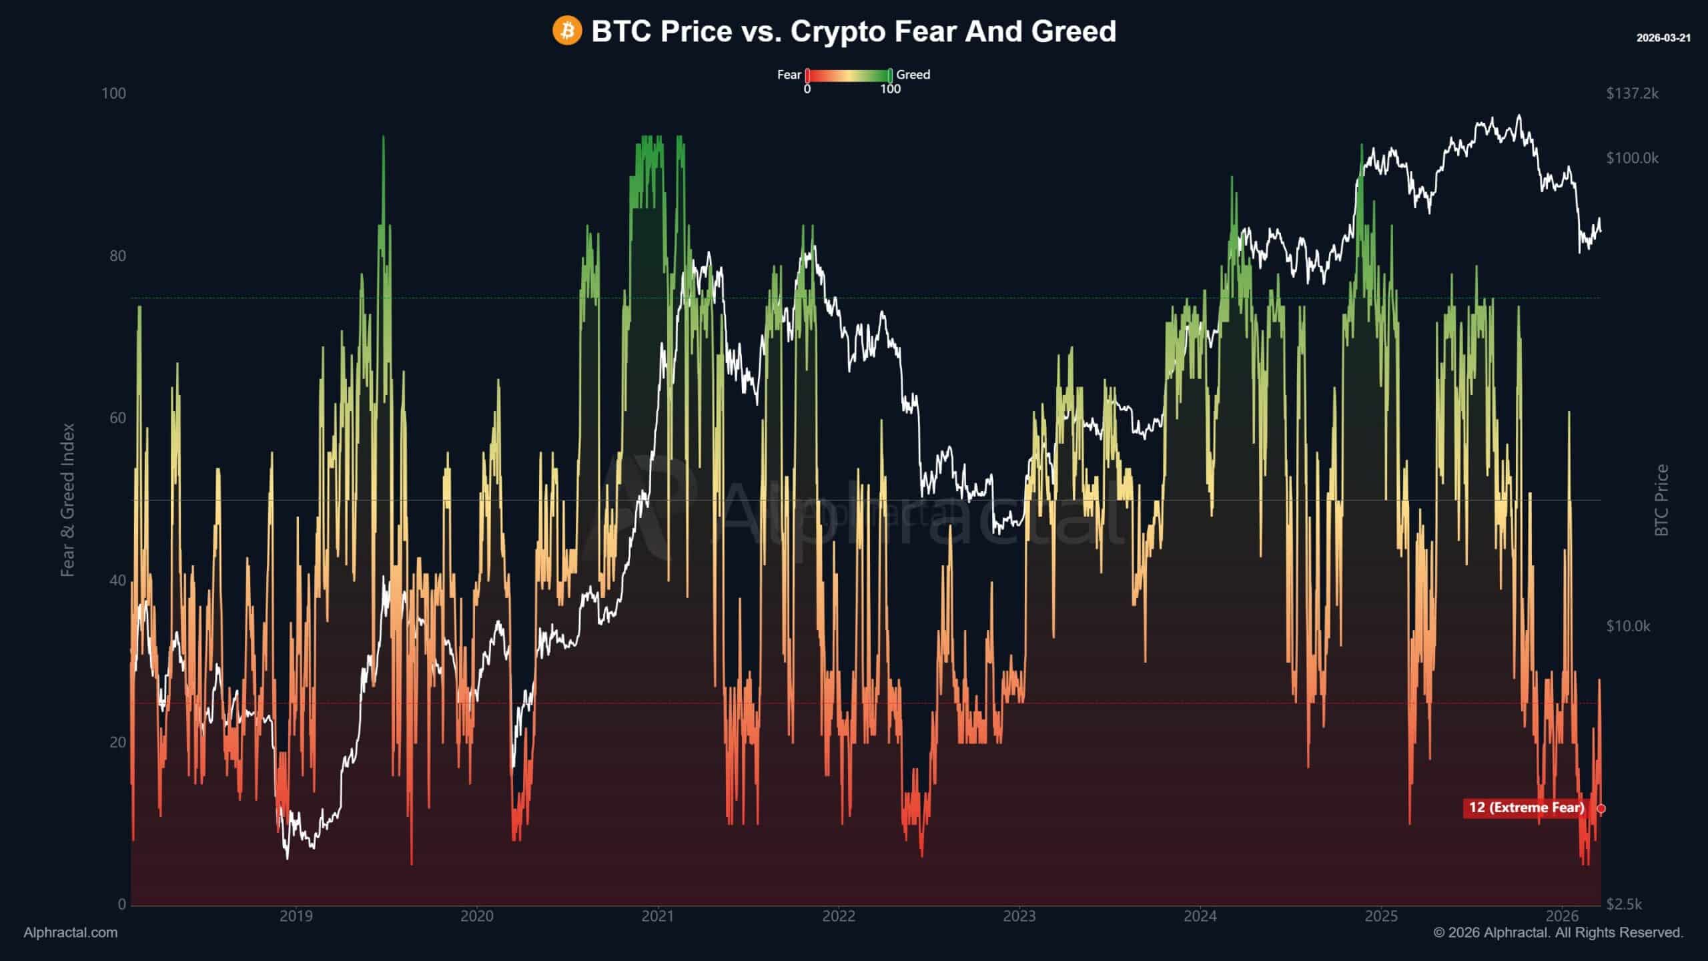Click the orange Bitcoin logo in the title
click(567, 31)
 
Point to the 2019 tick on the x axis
click(296, 916)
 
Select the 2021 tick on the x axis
click(658, 916)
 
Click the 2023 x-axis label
click(1019, 916)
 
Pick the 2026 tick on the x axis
click(1562, 916)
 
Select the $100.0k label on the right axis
click(1632, 158)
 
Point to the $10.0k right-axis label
click(1628, 626)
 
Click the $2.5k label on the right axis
click(1624, 904)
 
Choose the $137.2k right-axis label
click(1632, 93)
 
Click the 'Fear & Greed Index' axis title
click(67, 500)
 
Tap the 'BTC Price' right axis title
click(1661, 500)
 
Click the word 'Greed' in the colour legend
click(913, 75)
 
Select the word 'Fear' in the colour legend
click(789, 75)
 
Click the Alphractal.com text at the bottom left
click(71, 932)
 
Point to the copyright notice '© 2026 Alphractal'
click(1558, 932)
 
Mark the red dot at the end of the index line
click(1601, 809)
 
